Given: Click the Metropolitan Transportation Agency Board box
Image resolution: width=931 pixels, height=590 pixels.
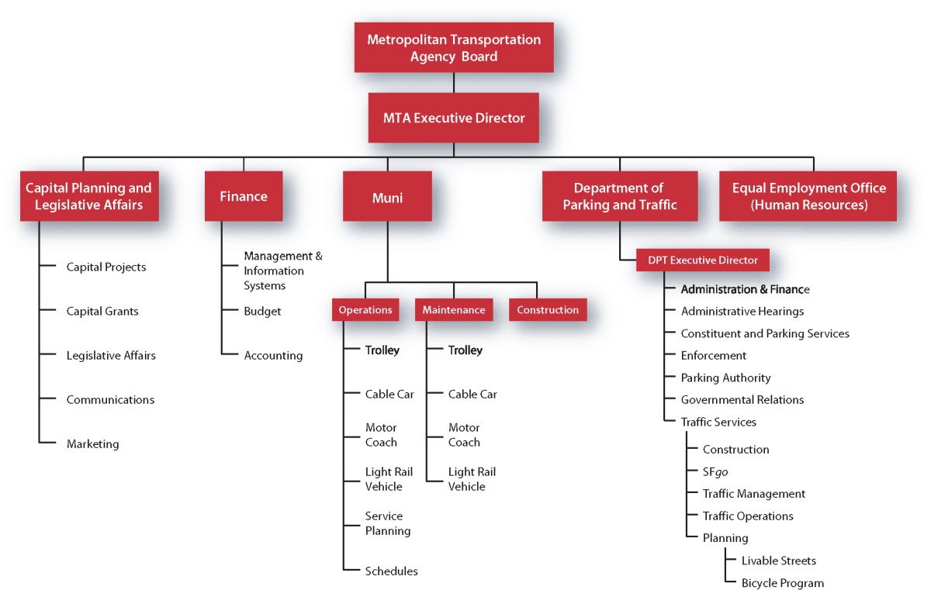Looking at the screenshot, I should coord(454,47).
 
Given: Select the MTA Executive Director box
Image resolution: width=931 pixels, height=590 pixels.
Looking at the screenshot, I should coord(454,119).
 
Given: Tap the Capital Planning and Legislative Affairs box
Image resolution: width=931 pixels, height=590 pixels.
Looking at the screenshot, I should coord(88,196).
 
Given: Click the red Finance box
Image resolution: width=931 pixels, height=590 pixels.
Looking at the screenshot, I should coord(244,196).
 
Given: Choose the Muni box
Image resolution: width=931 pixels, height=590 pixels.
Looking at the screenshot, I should coord(387,197).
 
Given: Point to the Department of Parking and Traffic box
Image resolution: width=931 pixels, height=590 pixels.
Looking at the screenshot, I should coord(619,196).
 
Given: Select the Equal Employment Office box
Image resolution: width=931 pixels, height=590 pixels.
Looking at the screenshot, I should coord(808,196).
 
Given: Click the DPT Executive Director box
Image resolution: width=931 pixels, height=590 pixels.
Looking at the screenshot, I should coord(703,260).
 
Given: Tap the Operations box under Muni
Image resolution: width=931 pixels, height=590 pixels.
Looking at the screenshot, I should coord(365,310).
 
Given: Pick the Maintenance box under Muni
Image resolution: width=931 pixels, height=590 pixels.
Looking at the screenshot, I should coord(454,310).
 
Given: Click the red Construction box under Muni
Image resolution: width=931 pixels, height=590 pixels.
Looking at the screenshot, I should coord(548,310).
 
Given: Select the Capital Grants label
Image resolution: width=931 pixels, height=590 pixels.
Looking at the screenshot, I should coord(102,312).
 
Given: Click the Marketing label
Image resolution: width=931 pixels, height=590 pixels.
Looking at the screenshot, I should coord(92,444).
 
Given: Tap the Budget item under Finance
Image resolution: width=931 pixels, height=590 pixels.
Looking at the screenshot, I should coord(262,312).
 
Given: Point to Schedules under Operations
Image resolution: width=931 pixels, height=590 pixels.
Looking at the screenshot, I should coord(391,571).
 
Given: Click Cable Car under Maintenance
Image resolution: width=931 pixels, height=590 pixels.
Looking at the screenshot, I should coord(472,395).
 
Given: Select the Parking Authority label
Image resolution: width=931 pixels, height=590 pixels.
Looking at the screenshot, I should coord(725,378).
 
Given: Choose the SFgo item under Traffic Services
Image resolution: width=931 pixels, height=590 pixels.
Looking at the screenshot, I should coord(715,471).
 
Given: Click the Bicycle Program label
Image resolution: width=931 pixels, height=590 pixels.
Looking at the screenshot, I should coord(782,583).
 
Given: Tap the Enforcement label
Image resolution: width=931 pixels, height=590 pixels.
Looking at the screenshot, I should coord(713,356).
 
